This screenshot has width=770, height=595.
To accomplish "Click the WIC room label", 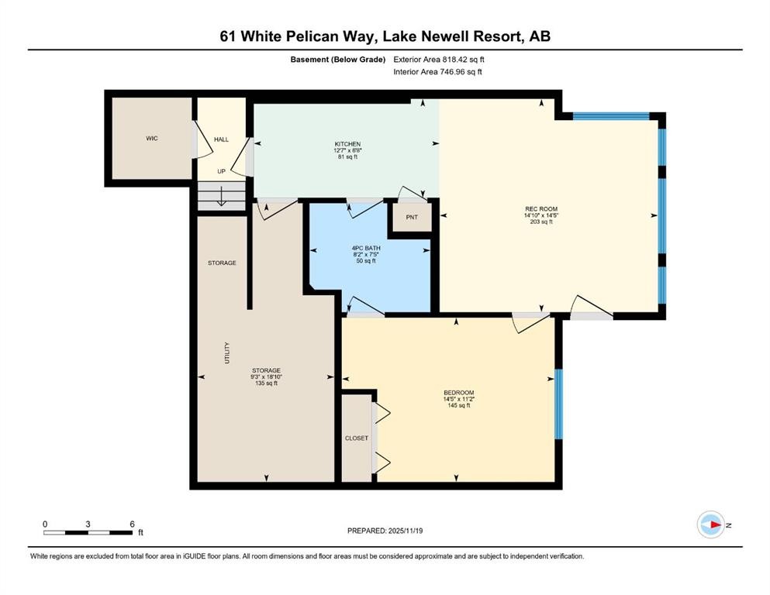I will pyautogui.click(x=152, y=139).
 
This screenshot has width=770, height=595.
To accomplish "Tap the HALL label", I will pyautogui.click(x=221, y=139).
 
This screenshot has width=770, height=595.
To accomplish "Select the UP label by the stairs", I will pyautogui.click(x=221, y=171).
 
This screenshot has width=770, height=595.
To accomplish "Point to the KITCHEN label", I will pyautogui.click(x=347, y=144).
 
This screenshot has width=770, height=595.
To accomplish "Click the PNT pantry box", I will pyautogui.click(x=412, y=217).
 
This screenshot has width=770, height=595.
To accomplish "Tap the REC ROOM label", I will pyautogui.click(x=541, y=209).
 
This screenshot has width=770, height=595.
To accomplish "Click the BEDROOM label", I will pyautogui.click(x=458, y=393).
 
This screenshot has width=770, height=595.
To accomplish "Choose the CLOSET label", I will pyautogui.click(x=357, y=439).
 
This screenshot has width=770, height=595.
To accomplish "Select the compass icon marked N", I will pyautogui.click(x=710, y=525).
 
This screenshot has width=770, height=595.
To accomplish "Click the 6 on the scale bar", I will pyautogui.click(x=132, y=524).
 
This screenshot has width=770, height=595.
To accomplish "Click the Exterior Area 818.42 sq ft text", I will pyautogui.click(x=439, y=59).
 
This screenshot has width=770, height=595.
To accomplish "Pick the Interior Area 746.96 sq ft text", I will pyautogui.click(x=438, y=72).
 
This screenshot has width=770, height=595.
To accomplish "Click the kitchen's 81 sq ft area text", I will pyautogui.click(x=347, y=157).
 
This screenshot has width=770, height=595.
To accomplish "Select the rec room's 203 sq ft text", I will pyautogui.click(x=541, y=222).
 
